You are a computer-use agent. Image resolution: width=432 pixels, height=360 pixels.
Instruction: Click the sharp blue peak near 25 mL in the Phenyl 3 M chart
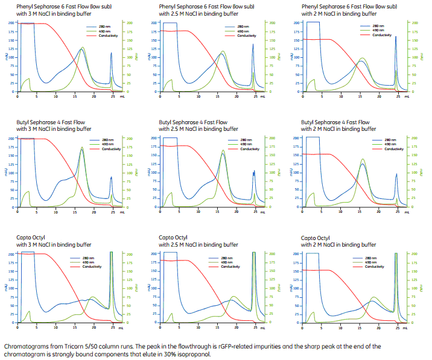pos(112,54)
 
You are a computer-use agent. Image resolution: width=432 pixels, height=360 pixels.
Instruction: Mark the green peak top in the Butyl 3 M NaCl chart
pos(82,148)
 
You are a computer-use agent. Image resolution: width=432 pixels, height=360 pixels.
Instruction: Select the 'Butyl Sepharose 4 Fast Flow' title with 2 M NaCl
pos(335,122)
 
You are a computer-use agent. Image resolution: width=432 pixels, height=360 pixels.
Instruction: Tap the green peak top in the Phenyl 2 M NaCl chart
pos(362,58)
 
